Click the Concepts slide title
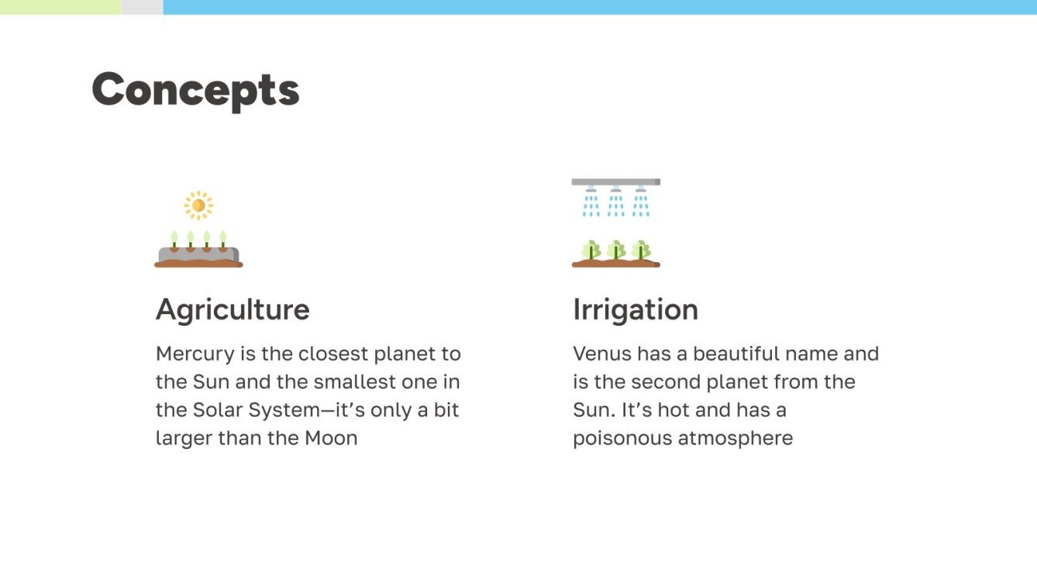(195, 90)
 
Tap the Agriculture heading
(233, 309)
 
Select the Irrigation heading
(636, 309)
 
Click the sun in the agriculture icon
(198, 205)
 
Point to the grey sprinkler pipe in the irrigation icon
(615, 181)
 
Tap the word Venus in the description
(601, 354)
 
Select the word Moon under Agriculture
(331, 438)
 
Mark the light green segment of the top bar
(60, 7)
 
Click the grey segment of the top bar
(142, 7)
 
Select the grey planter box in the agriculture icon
(198, 255)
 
